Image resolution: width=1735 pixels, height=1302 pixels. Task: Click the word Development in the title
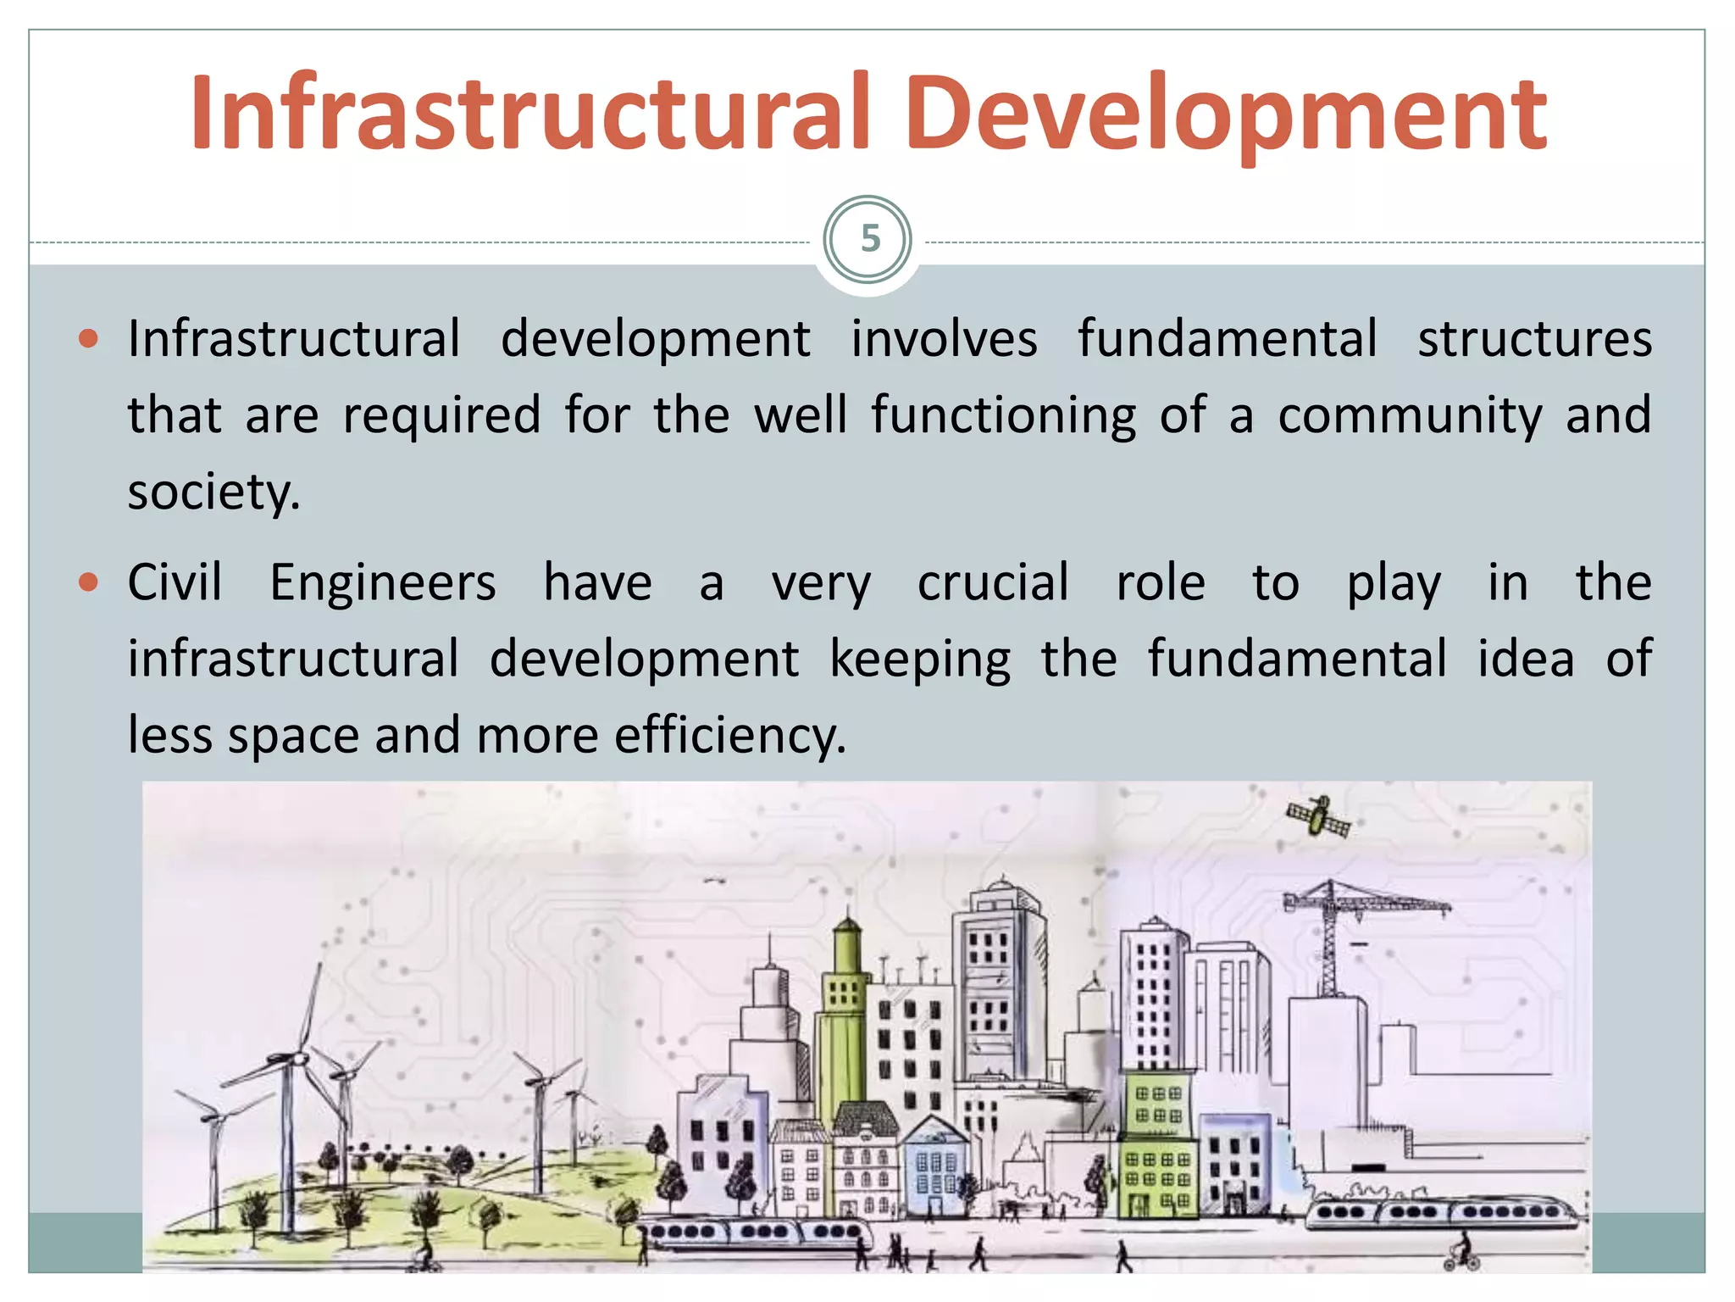pyautogui.click(x=1225, y=114)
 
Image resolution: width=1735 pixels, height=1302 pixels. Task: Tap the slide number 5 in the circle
pyautogui.click(x=869, y=239)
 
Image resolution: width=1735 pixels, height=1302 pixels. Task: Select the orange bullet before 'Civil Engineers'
pyautogui.click(x=88, y=583)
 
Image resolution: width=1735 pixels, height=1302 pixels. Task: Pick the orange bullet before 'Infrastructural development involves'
pyautogui.click(x=88, y=340)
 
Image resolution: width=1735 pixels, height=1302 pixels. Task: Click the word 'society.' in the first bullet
pyautogui.click(x=214, y=492)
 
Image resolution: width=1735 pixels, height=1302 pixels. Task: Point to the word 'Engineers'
pyautogui.click(x=383, y=583)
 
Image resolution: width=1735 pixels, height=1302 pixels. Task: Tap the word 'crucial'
pyautogui.click(x=993, y=583)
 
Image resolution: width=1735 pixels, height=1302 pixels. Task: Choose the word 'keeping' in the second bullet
pyautogui.click(x=920, y=659)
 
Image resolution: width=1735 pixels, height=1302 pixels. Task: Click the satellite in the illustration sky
pyautogui.click(x=1317, y=816)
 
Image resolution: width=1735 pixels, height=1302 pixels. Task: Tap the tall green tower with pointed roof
pyautogui.click(x=845, y=1017)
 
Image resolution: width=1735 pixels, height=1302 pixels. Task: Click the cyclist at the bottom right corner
pyautogui.click(x=1461, y=1253)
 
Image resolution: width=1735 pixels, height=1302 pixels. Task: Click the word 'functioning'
pyautogui.click(x=1004, y=415)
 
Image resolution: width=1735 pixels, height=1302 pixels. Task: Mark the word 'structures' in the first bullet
pyautogui.click(x=1534, y=340)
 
